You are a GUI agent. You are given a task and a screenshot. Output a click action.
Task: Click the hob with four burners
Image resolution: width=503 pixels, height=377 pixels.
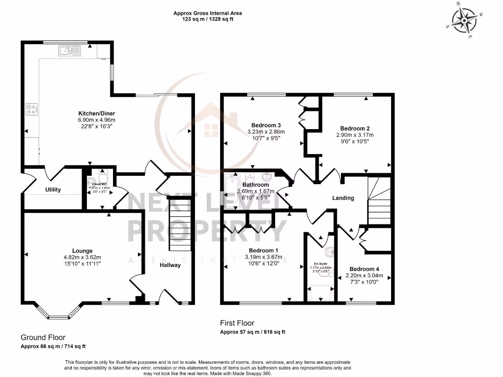tap(32, 109)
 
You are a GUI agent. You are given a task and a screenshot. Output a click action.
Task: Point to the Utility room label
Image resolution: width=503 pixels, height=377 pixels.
tap(53, 189)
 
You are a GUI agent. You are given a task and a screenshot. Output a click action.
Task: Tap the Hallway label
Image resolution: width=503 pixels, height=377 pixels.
tap(170, 265)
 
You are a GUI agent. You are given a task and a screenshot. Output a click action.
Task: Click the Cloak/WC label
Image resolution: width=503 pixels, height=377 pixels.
tap(100, 184)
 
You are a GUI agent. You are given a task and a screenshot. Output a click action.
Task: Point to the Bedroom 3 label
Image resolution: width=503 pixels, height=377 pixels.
tap(266, 125)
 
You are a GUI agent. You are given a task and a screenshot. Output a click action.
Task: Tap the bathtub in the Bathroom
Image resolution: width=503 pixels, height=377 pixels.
tap(230, 191)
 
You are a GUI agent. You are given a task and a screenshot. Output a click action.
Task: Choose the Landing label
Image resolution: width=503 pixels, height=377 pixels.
tap(343, 198)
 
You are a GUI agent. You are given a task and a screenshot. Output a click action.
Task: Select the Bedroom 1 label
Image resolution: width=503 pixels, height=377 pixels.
tap(263, 249)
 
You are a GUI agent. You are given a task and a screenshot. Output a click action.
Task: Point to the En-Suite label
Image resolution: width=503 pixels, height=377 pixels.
tap(320, 263)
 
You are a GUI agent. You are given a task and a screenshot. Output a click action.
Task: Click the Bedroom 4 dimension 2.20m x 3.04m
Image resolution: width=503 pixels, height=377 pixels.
tap(364, 276)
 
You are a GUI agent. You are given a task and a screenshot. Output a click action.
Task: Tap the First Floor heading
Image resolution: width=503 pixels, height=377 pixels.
tap(237, 323)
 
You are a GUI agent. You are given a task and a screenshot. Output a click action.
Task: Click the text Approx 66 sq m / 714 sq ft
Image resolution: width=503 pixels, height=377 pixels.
tap(53, 346)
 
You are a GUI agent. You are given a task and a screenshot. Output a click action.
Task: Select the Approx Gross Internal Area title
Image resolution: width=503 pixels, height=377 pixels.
tap(207, 13)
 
